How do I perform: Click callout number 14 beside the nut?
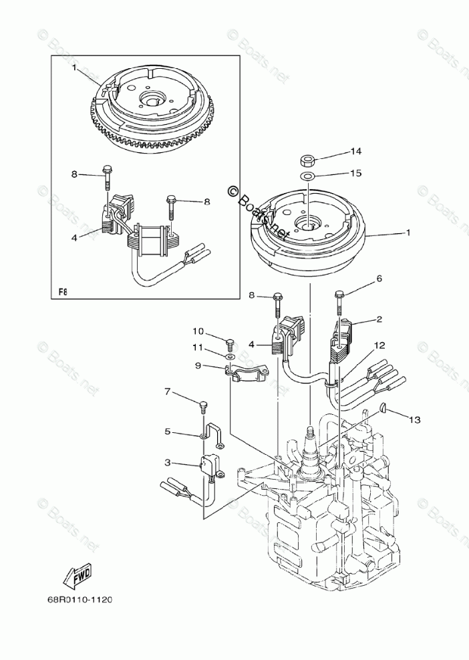click(355, 150)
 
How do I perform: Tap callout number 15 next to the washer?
click(355, 173)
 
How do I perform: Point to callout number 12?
click(379, 345)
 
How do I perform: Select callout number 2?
click(379, 320)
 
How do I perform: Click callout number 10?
click(198, 331)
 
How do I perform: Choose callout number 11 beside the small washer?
click(198, 347)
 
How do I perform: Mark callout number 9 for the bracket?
click(198, 365)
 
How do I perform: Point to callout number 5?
click(168, 432)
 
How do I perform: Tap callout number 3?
click(168, 462)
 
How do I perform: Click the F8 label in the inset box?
click(63, 291)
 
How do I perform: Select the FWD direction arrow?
click(77, 574)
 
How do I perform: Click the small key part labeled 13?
click(383, 409)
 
